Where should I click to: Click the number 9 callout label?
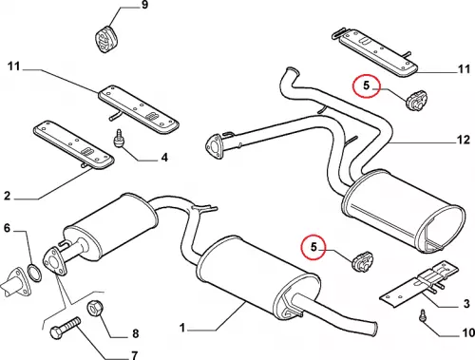pos(144,5)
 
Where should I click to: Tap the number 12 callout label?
pos(464,140)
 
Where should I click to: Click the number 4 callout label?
pos(164,157)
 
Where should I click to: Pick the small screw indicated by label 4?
pos(119,139)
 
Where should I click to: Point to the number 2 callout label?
pos(7,196)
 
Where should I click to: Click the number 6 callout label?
pos(7,228)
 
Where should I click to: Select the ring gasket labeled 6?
pos(34,273)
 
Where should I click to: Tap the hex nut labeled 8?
pos(95,308)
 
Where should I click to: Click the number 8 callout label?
pos(136,333)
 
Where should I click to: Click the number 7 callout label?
pos(134,355)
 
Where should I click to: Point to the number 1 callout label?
pos(182,328)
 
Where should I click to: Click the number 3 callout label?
pos(466,304)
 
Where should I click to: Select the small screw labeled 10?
pos(423,316)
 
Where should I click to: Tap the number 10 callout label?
pos(468,332)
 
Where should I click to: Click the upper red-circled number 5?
pos(367,85)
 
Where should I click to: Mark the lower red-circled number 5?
pos(313,247)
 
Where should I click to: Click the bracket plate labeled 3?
pos(419,283)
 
